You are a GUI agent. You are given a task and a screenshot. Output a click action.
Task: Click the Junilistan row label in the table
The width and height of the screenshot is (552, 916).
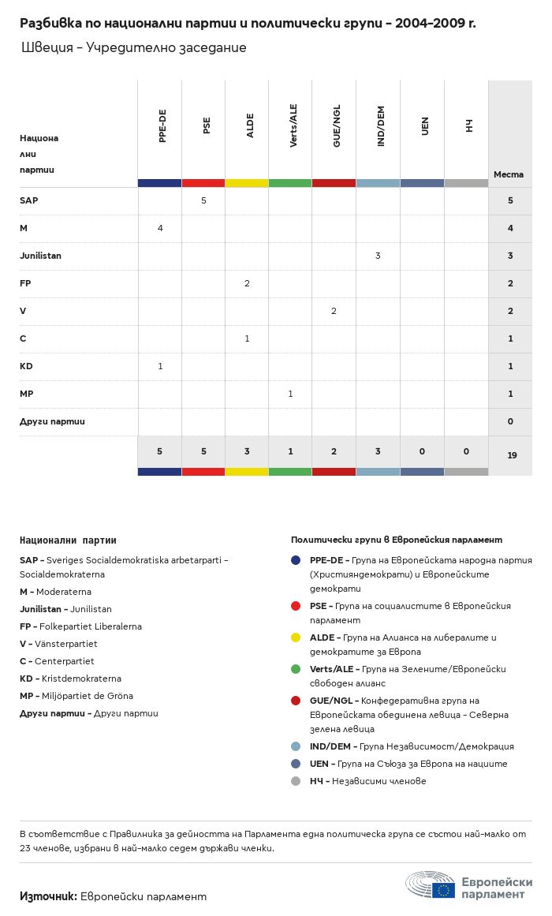click(x=40, y=256)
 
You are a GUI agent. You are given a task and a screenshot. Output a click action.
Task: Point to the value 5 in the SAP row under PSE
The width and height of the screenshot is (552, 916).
click(x=203, y=200)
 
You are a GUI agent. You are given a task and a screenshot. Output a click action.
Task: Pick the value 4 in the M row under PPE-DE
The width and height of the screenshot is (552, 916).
click(x=160, y=228)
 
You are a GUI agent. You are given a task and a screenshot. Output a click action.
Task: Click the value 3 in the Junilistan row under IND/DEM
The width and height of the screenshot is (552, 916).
click(x=378, y=256)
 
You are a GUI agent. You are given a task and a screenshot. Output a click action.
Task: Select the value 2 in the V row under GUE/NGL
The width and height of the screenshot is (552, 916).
click(x=334, y=311)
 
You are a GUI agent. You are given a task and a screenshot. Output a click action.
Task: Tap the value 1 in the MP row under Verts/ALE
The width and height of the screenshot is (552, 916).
click(x=290, y=394)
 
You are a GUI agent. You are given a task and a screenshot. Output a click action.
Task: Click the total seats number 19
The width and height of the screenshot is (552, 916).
click(x=512, y=455)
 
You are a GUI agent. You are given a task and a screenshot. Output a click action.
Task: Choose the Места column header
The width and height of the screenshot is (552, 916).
click(x=508, y=174)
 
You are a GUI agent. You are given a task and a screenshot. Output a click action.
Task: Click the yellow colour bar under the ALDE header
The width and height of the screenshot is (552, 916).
click(x=247, y=183)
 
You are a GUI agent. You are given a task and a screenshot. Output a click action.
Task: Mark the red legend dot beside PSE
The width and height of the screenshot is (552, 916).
click(x=296, y=606)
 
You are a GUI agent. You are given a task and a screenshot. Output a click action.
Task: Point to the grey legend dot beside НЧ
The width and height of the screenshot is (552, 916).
click(x=296, y=781)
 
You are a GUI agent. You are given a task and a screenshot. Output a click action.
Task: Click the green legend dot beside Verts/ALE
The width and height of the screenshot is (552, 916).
click(x=296, y=669)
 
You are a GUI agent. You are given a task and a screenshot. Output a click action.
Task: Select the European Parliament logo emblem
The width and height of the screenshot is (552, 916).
click(x=431, y=887)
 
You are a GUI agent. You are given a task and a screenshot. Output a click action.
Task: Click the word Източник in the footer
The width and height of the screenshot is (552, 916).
click(x=47, y=896)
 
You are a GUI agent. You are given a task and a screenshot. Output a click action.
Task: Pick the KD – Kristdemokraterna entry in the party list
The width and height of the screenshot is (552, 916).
click(x=70, y=679)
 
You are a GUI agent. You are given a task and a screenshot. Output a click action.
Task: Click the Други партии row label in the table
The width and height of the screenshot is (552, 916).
click(x=52, y=421)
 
